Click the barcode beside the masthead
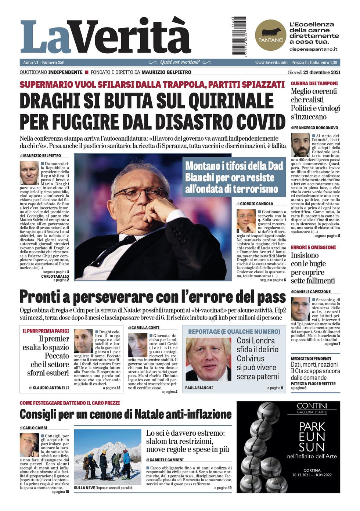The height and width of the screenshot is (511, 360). pos(239,36)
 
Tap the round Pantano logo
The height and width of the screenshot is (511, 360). pos(271,36)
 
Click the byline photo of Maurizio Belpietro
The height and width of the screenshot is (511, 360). pos(29,173)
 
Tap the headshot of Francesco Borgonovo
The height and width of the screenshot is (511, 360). pos(300,145)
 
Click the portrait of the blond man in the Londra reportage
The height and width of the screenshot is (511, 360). pos(208,359)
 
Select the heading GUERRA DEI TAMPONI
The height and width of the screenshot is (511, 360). pos(314,83)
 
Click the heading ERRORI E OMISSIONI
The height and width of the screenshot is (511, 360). pos(313,247)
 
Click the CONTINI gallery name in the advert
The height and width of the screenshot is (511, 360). pos(312,406)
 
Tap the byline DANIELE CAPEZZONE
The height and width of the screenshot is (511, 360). pos(312,292)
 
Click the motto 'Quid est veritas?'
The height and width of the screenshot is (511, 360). pos(180,62)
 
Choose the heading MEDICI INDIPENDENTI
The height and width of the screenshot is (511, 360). pos(311,358)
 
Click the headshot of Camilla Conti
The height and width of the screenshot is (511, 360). pos(138,345)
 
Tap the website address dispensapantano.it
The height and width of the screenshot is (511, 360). pos(313,49)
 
